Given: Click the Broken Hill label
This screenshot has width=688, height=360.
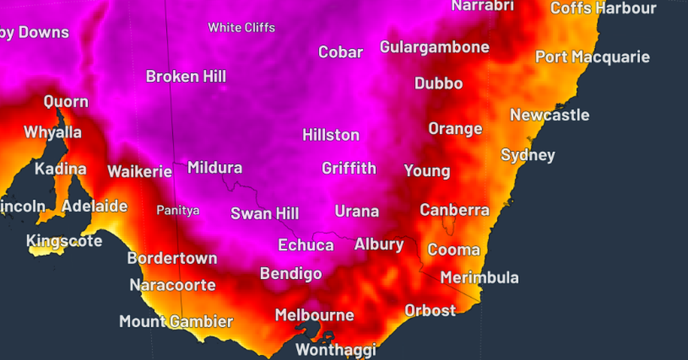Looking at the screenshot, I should [x=186, y=76].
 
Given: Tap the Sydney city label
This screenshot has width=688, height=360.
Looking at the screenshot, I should [x=528, y=155].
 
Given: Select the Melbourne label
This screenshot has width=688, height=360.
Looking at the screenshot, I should [x=314, y=315].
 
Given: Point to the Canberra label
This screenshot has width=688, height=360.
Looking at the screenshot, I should [x=454, y=210].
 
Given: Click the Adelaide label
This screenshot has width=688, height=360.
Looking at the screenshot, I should [x=95, y=206].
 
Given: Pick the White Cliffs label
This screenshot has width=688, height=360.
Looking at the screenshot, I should [x=241, y=28].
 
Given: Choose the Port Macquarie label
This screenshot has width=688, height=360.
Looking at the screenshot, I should [x=592, y=57].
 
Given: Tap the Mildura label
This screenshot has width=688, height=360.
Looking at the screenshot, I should [x=215, y=168].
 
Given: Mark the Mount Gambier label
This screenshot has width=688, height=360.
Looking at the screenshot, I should [x=176, y=322].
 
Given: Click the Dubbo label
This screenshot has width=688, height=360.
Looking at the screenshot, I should [x=439, y=84].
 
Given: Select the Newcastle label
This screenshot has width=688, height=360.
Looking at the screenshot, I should [x=549, y=115].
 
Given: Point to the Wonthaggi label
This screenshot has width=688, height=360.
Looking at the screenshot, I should [x=335, y=349].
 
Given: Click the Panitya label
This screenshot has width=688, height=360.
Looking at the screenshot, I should [x=178, y=210].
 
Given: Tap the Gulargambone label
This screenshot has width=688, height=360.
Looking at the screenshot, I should [x=435, y=47].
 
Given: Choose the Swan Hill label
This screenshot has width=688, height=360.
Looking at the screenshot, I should [x=264, y=214].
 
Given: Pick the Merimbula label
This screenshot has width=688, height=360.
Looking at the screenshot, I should [x=479, y=278].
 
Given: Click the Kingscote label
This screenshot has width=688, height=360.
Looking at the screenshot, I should [x=64, y=241].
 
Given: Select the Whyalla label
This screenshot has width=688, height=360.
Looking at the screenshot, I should [x=53, y=132].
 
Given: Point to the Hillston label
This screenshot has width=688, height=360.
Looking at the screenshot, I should [x=331, y=135].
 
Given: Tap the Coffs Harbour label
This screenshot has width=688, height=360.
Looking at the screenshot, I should [x=603, y=9].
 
